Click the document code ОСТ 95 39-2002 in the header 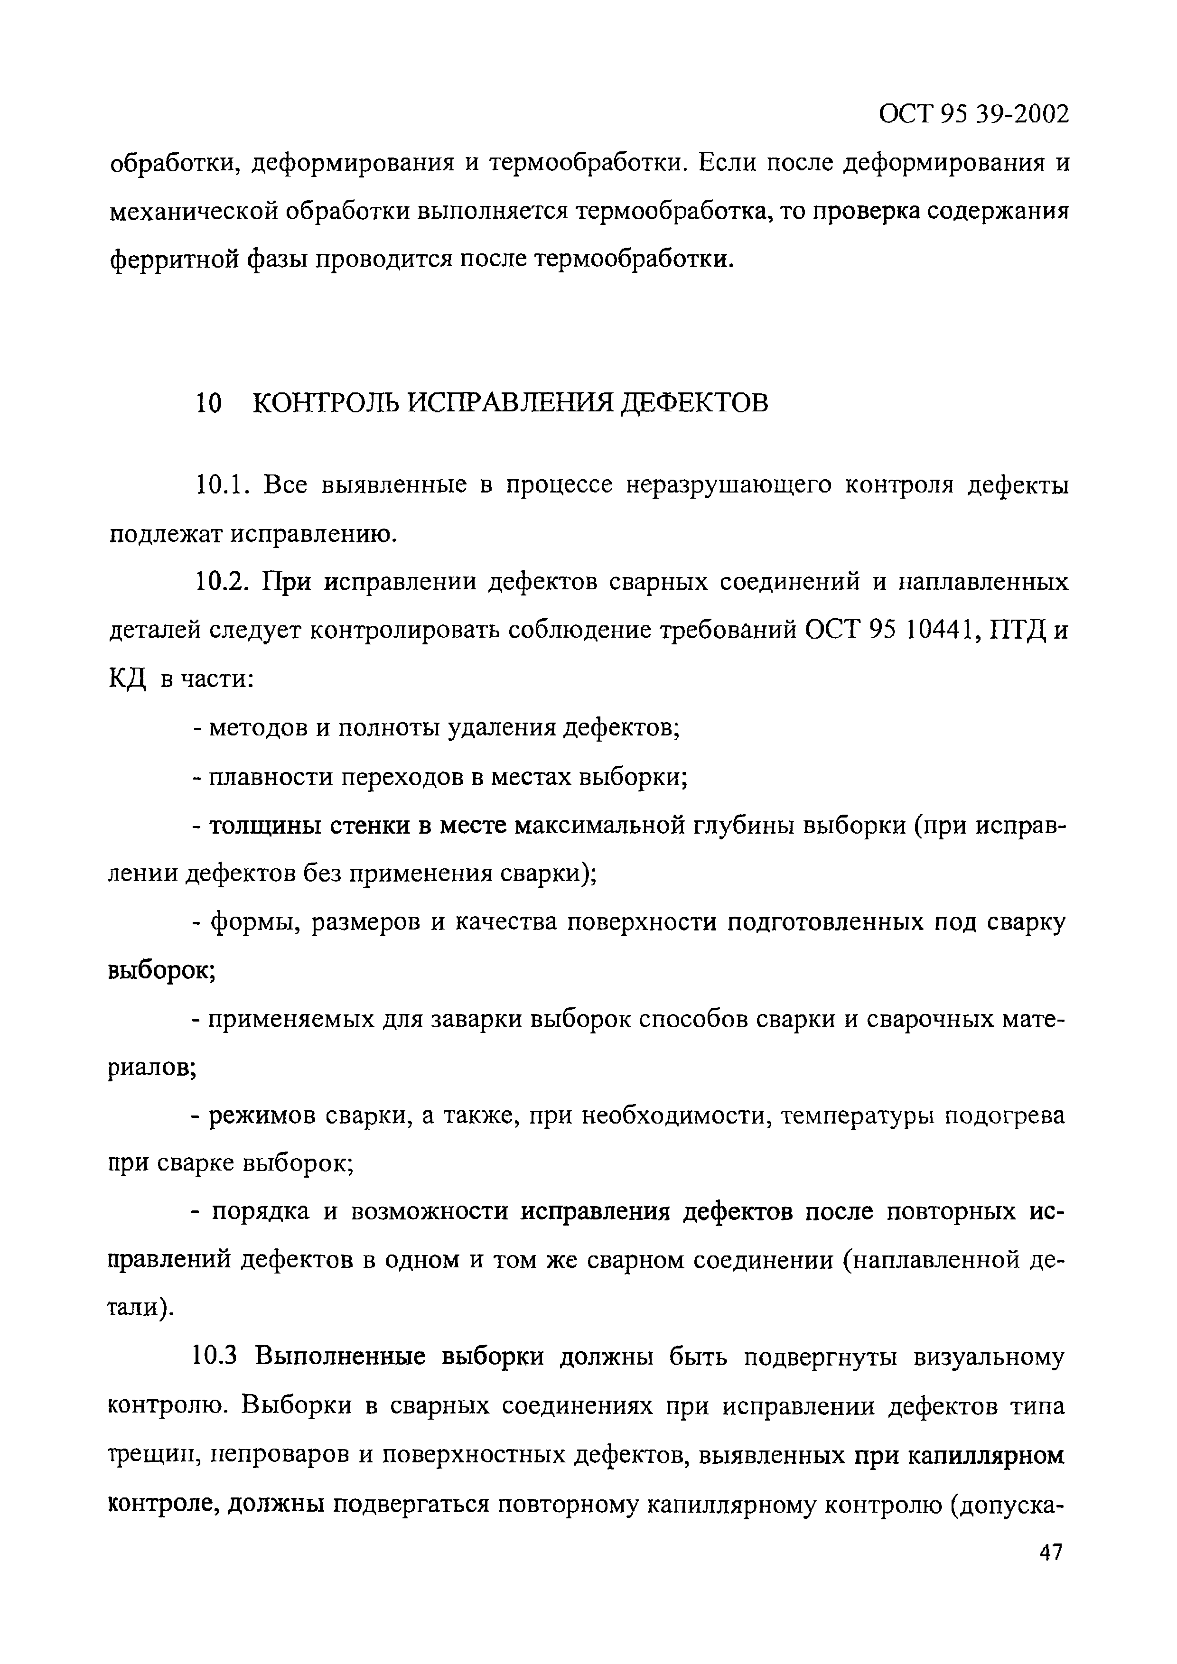[973, 114]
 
